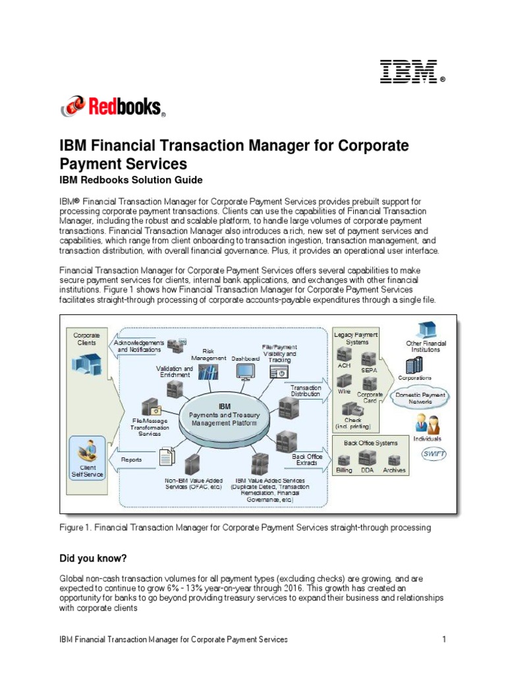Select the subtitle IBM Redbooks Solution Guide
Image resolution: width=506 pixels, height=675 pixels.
pyautogui.click(x=130, y=180)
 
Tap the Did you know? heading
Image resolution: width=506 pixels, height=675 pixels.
pyautogui.click(x=93, y=558)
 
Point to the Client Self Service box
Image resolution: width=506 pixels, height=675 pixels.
pyautogui.click(x=87, y=457)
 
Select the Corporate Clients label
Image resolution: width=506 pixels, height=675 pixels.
pyautogui.click(x=86, y=339)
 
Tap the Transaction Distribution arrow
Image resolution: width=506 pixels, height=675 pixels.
pyautogui.click(x=307, y=391)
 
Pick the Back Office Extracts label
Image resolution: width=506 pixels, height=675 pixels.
pyautogui.click(x=306, y=459)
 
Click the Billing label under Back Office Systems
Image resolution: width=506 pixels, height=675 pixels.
pyautogui.click(x=344, y=471)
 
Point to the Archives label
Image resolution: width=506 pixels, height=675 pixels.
pyautogui.click(x=394, y=471)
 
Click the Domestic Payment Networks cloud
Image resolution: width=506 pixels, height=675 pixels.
pyautogui.click(x=419, y=398)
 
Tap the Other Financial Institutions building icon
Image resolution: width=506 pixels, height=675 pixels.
pyautogui.click(x=426, y=329)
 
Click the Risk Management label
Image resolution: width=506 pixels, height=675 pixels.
pyautogui.click(x=208, y=355)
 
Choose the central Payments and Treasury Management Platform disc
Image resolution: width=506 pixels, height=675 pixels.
pyautogui.click(x=224, y=419)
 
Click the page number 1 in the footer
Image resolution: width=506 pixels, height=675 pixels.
pyautogui.click(x=445, y=639)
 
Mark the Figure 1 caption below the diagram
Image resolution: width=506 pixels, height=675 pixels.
pyautogui.click(x=244, y=527)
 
